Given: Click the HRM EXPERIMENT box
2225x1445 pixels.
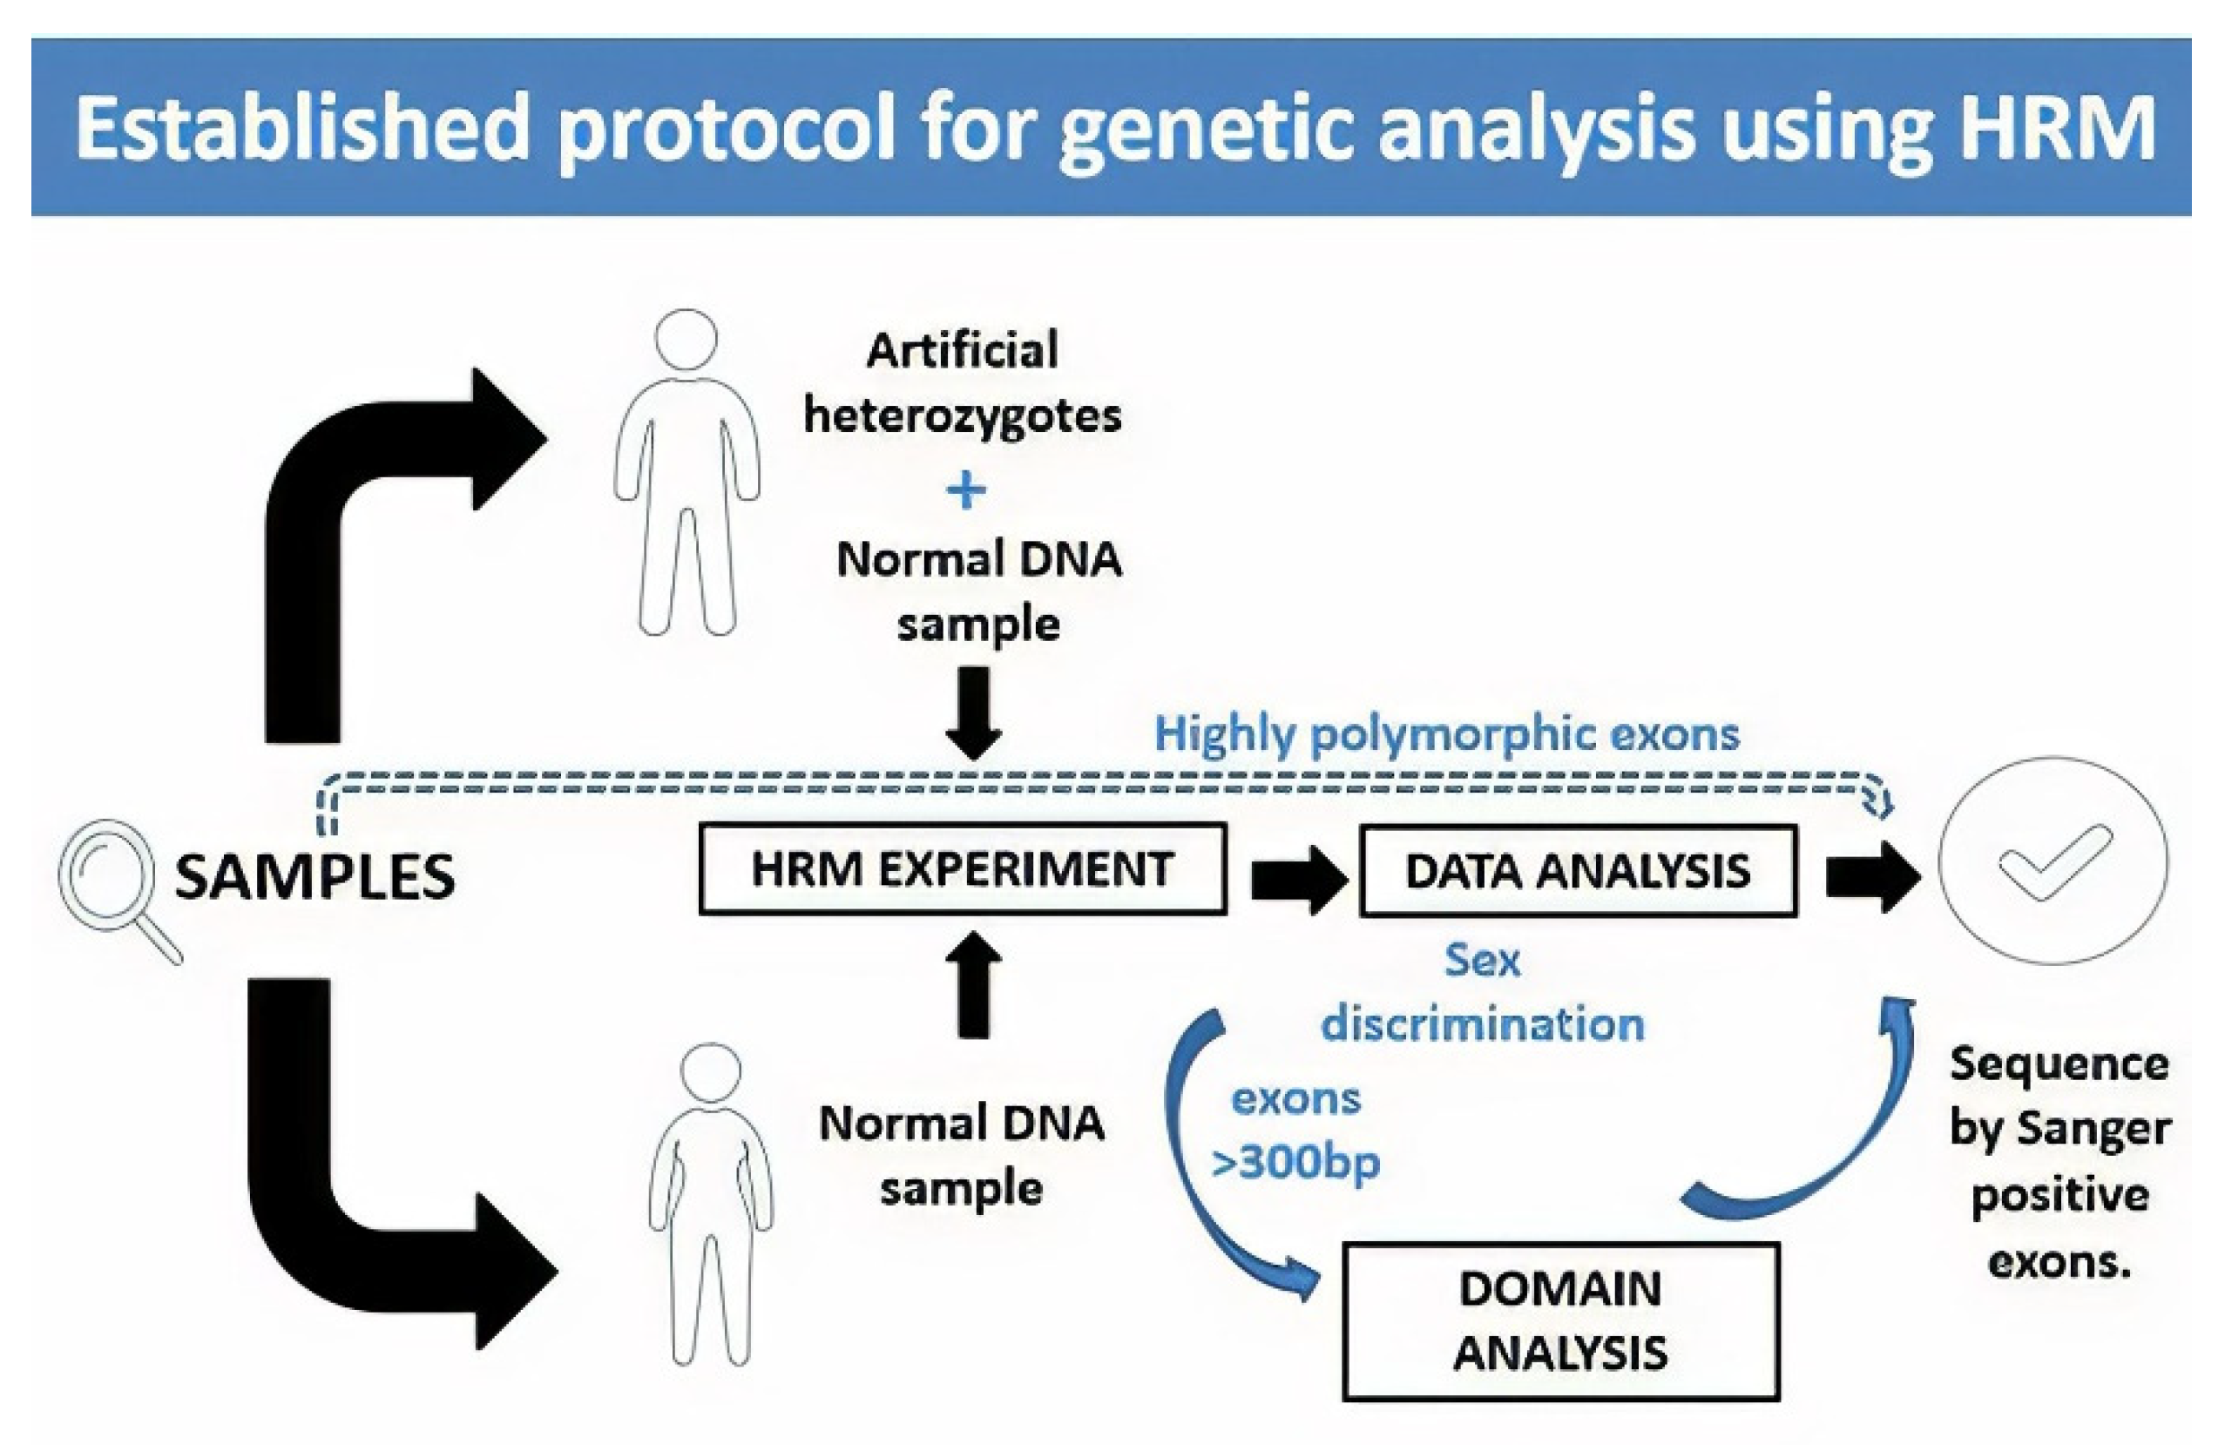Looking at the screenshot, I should point(962,869).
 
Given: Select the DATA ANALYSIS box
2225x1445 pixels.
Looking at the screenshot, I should point(1577,871).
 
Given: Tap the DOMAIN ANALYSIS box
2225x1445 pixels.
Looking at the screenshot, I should point(1560,1320).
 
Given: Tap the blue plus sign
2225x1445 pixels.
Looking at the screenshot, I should point(966,490).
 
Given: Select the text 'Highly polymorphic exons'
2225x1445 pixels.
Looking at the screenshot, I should point(1446,734).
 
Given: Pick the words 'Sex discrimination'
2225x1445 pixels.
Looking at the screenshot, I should point(1482,993).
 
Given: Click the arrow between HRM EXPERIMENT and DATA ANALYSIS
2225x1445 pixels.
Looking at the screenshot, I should point(1297,879).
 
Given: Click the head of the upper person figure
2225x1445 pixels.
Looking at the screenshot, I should point(686,340).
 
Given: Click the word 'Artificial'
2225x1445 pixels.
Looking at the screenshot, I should point(962,351).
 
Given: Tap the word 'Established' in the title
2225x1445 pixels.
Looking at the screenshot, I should point(302,128).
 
